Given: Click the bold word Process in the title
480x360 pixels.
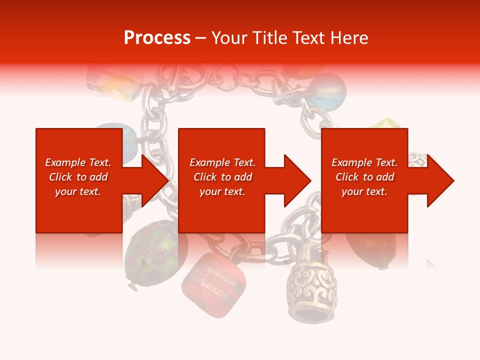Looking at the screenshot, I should coord(157,38).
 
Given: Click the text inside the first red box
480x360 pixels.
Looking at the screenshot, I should coord(78,177).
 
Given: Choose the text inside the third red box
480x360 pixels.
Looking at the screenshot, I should coord(364,177).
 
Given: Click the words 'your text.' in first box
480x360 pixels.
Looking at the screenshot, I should coord(78,191).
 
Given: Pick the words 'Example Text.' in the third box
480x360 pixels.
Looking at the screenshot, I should coord(364,162).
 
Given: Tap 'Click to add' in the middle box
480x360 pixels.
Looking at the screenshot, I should coord(222,177).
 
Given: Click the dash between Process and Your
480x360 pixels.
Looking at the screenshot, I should coord(201,38).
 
